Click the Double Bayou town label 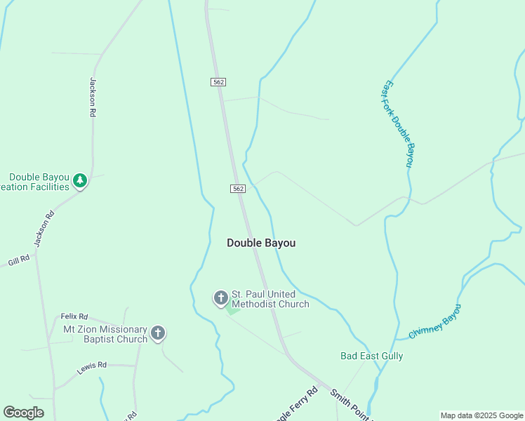click(x=261, y=243)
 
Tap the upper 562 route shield click(x=218, y=82)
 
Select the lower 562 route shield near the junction click(x=238, y=189)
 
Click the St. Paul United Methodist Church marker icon click(x=220, y=298)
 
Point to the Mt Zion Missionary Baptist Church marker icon click(x=158, y=333)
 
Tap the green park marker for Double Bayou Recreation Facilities click(x=80, y=182)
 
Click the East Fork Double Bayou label click(x=399, y=125)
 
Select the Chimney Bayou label click(x=434, y=322)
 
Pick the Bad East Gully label click(x=372, y=356)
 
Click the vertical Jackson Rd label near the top click(x=92, y=97)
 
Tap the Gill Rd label click(x=19, y=260)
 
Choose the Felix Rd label click(x=74, y=316)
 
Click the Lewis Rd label click(x=92, y=365)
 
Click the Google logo click(x=23, y=413)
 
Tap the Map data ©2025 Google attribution click(x=482, y=415)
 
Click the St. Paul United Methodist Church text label click(x=270, y=299)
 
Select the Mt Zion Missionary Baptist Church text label click(x=105, y=334)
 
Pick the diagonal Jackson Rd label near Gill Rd click(x=43, y=229)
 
